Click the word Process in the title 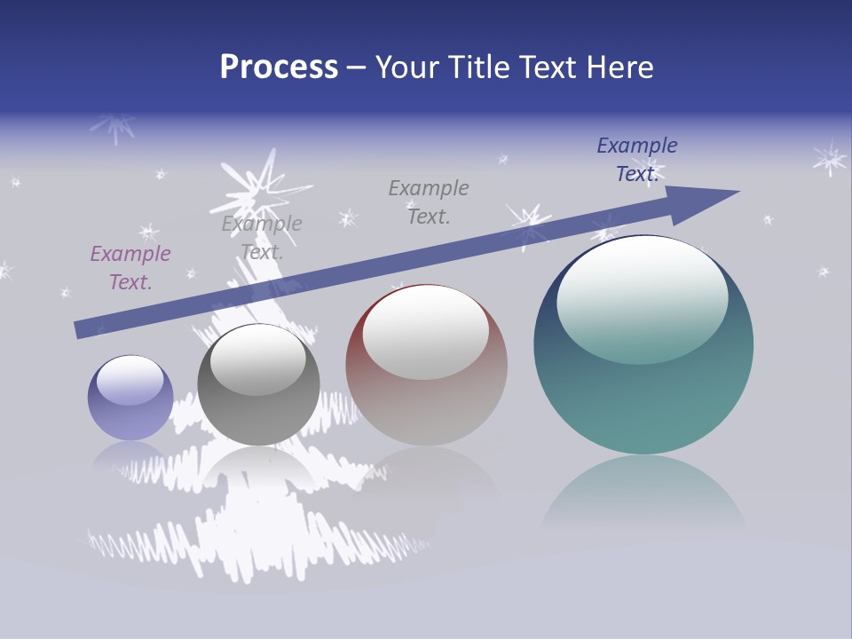(279, 67)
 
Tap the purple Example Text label (130, 268)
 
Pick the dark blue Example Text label (637, 160)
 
